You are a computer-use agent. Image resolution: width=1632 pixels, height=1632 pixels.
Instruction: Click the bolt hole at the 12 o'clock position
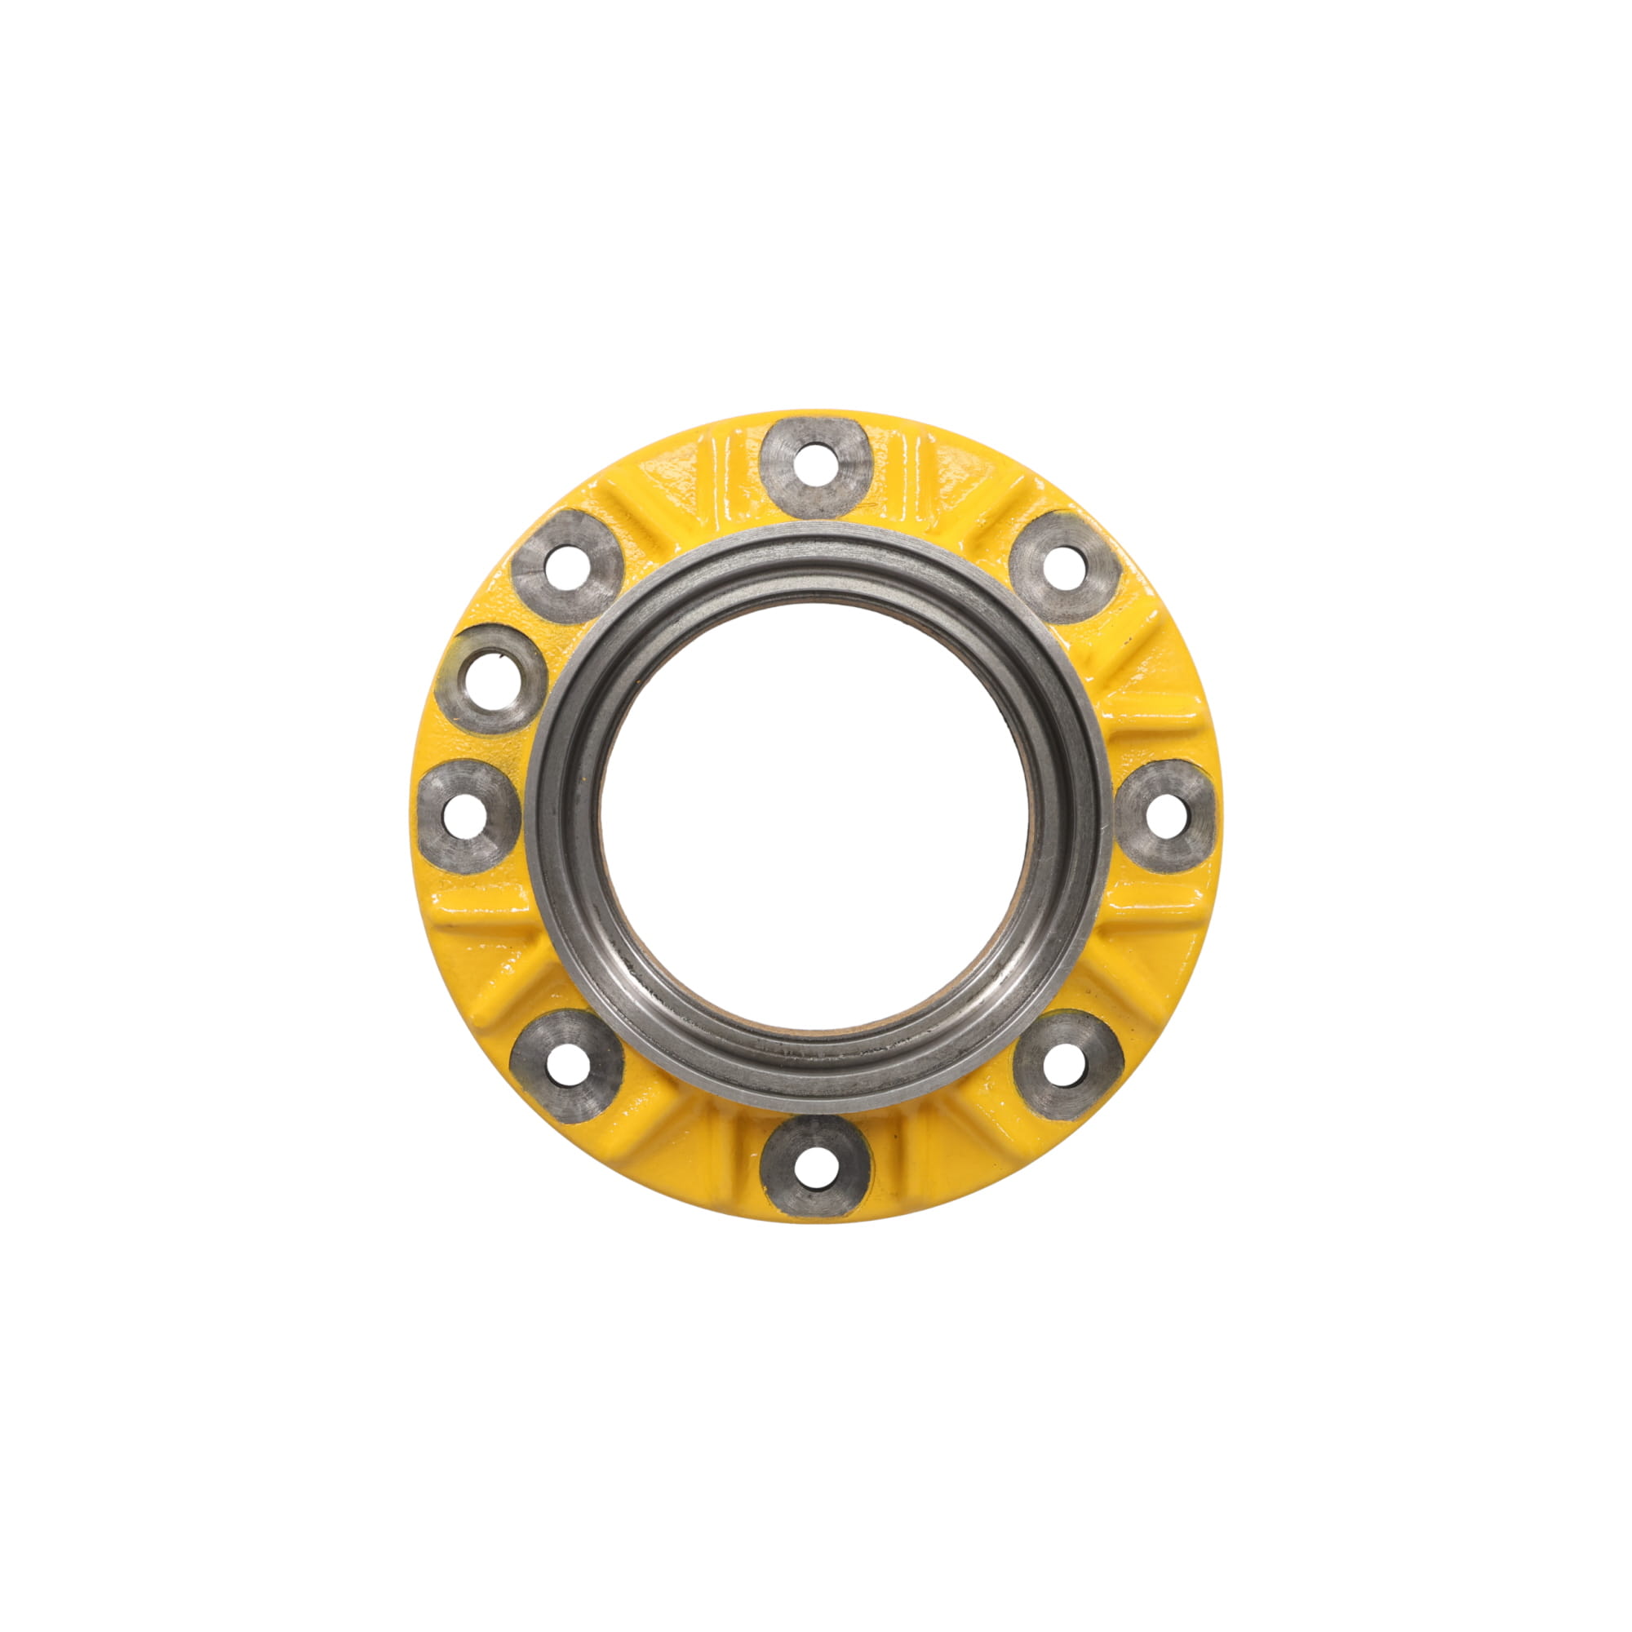pos(815,465)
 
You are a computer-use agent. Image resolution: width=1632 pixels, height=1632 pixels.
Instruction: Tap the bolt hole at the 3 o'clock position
pos(1167,815)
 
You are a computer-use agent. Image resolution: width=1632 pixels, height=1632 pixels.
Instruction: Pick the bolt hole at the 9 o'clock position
pos(467,815)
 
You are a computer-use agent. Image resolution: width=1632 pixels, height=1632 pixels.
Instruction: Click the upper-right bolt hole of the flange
pos(1063,567)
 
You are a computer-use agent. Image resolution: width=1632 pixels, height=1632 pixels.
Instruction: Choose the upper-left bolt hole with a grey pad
pos(567,567)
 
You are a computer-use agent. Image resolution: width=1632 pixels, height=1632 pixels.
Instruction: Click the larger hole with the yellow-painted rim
pos(490,680)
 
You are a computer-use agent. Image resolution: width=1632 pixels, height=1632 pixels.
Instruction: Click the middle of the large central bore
pos(817,815)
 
